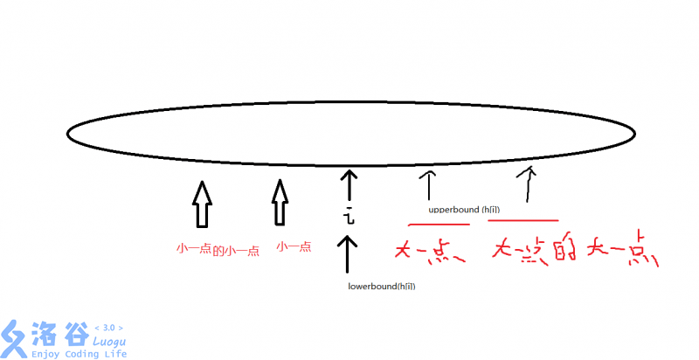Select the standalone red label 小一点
294,247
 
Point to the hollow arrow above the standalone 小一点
279,202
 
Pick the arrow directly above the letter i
349,186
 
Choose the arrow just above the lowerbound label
348,255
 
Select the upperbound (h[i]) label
465,211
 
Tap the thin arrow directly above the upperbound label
428,185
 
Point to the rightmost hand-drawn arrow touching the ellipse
526,183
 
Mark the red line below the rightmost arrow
523,220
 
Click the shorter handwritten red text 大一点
429,251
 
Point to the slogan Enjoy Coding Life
79,354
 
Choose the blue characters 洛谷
59,335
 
